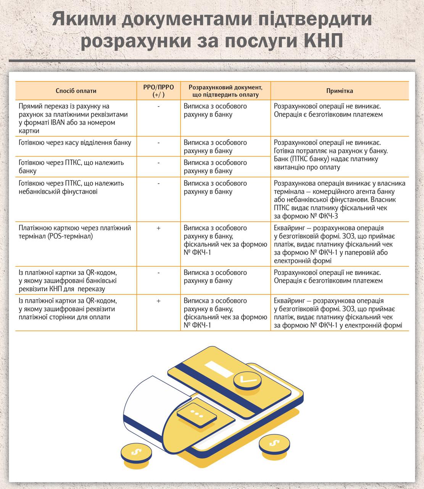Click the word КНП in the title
point(320,41)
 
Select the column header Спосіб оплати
point(76,91)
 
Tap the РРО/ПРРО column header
point(158,91)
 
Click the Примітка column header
point(340,91)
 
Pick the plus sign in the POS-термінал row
point(158,228)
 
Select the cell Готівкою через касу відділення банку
point(75,143)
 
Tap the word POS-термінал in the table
point(70,236)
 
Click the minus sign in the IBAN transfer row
point(158,106)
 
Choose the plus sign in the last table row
point(158,301)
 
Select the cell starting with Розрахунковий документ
point(225,91)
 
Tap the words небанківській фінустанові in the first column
point(58,191)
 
